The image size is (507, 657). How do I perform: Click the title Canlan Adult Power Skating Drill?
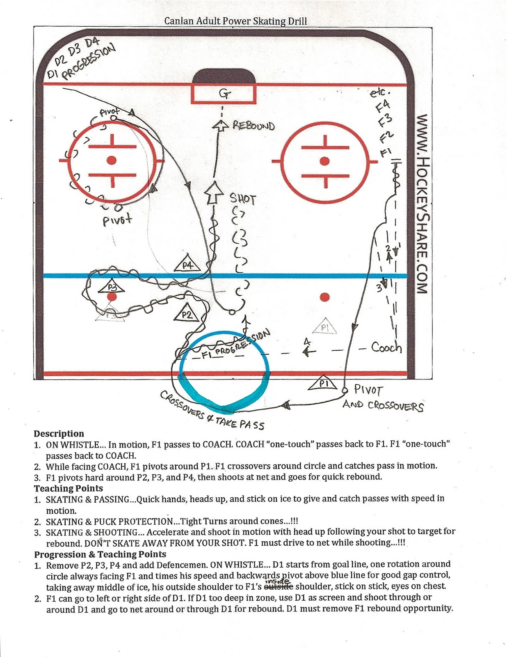tap(235, 21)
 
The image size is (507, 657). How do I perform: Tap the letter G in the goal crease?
tap(224, 94)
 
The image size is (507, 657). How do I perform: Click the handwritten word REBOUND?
tap(253, 125)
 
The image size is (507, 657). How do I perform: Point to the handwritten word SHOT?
tap(242, 199)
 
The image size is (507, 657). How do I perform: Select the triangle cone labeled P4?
tap(187, 264)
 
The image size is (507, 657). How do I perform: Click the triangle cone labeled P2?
tap(187, 314)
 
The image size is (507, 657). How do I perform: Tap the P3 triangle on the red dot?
tap(112, 287)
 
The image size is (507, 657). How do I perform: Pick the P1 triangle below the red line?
tap(323, 384)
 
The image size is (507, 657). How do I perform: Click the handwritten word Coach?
tap(386, 347)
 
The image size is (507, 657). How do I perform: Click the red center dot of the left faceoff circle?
tap(112, 160)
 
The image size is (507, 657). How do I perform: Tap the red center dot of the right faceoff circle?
tap(324, 161)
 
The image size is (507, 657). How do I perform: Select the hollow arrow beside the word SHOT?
tap(213, 193)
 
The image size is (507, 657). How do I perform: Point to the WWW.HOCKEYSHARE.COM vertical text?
tap(423, 204)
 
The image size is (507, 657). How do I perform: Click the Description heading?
tap(59, 434)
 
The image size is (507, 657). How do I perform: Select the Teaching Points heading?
tap(69, 488)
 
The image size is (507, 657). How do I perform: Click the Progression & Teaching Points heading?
tap(100, 554)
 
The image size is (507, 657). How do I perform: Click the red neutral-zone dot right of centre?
tap(324, 296)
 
